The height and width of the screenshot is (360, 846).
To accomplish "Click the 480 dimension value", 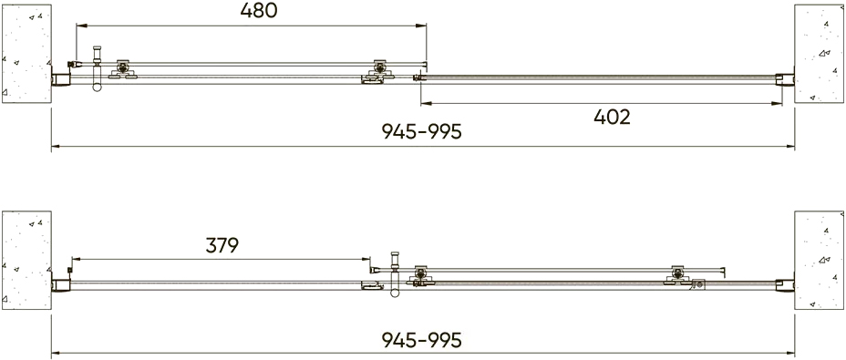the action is pos(258,11).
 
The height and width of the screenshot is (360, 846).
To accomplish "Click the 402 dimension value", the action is pos(612,117).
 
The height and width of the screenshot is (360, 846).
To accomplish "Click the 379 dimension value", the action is pos(222,245).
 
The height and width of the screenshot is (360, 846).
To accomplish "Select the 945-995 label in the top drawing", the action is pos(422,131).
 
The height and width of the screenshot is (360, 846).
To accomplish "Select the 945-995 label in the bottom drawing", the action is pos(422,340).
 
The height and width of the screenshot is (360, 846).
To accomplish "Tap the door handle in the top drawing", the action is pos(98,68).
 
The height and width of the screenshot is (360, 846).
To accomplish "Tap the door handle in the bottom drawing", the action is pos(395,274).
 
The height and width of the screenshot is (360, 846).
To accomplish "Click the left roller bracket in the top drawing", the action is pos(123,69).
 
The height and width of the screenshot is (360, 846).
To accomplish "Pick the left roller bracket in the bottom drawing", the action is pos(421,275).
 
